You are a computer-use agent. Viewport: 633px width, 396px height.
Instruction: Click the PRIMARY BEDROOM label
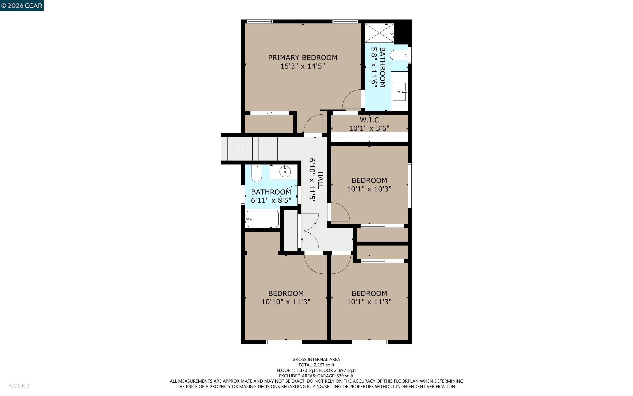coord(303,58)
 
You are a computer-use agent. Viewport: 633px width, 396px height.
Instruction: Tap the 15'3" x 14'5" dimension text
coord(303,66)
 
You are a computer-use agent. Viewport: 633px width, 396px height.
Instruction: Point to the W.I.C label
coord(369,120)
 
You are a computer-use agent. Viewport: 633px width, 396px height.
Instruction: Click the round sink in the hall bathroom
coord(285,172)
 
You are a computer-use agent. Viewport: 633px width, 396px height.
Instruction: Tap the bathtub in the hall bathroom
coord(262,219)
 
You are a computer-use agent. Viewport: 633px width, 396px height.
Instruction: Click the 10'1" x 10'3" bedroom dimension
coord(369,189)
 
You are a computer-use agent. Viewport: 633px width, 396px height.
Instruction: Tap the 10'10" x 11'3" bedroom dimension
coord(286,302)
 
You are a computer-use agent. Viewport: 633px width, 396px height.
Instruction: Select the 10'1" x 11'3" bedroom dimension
coord(369,302)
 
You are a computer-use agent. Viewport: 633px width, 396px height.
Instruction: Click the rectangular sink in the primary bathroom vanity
coord(399,92)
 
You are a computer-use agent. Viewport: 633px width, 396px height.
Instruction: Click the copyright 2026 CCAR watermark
coord(22,5)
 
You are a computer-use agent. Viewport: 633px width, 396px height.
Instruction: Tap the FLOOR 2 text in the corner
coord(19,385)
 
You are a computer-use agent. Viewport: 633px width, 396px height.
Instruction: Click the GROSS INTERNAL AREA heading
coord(316,359)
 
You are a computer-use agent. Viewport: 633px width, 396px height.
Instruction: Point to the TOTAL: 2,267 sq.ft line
coord(316,365)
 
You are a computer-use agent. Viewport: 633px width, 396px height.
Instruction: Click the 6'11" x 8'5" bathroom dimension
coord(271,200)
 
